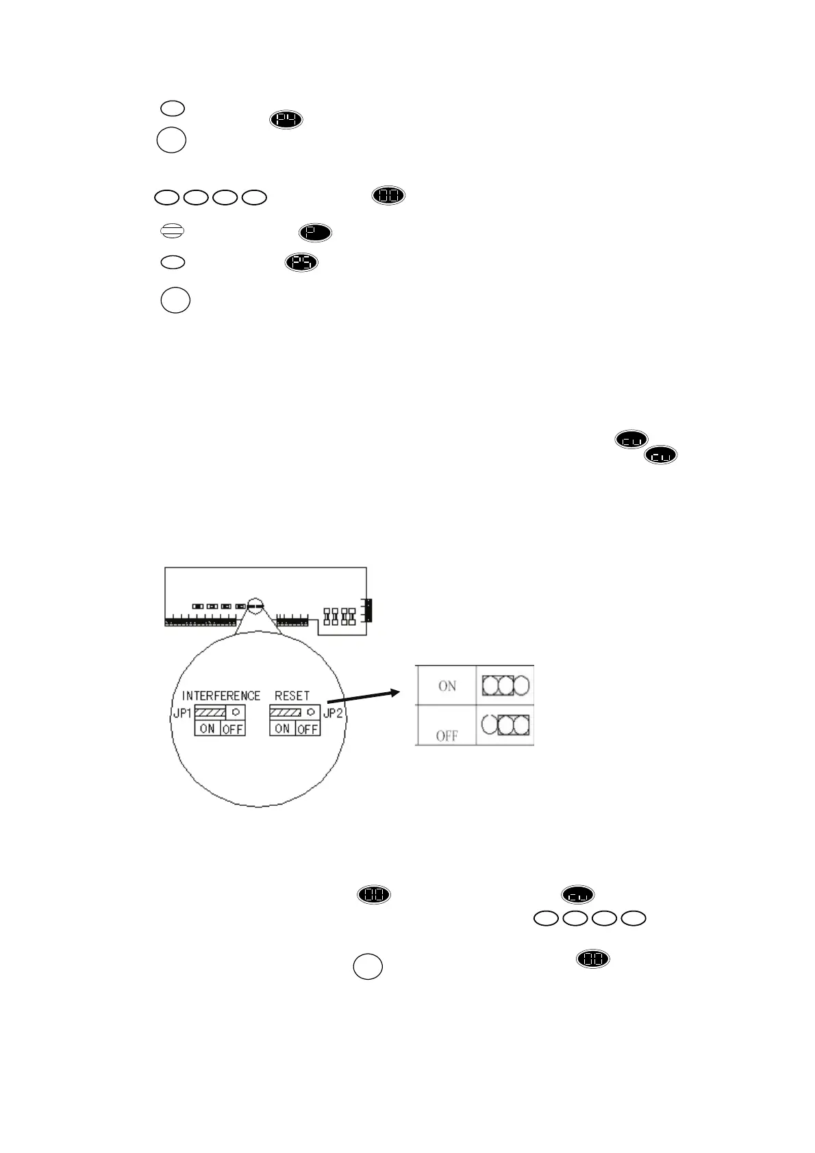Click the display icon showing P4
click(x=286, y=119)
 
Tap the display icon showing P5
click(x=301, y=264)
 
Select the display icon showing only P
click(x=315, y=233)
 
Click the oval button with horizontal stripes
click(x=172, y=232)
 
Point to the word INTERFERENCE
click(x=221, y=696)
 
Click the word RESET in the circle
click(x=292, y=696)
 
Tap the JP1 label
click(x=181, y=713)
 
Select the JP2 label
click(x=333, y=713)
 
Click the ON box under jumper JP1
click(x=208, y=728)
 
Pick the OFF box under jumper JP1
click(x=234, y=728)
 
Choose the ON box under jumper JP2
click(x=282, y=728)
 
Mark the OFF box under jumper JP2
click(x=308, y=728)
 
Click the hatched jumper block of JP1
click(x=210, y=713)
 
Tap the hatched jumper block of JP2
click(x=285, y=713)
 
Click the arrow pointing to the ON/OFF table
click(x=364, y=698)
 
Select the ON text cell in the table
click(x=447, y=686)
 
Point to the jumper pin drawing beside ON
click(x=505, y=685)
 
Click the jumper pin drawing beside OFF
click(x=505, y=725)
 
